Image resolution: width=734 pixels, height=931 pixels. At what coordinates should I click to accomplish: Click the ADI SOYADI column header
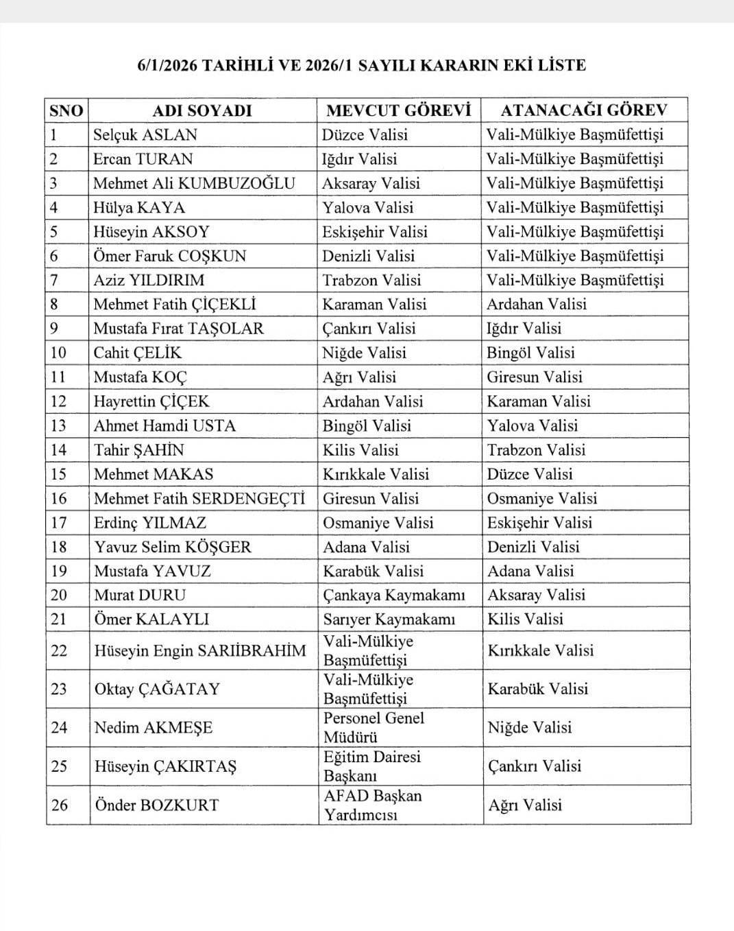click(201, 110)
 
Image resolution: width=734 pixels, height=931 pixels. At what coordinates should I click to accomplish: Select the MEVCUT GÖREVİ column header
click(399, 110)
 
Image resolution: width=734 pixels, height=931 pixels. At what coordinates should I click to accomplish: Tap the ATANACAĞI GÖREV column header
click(583, 110)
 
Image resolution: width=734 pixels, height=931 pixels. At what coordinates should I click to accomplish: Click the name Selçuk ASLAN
click(145, 134)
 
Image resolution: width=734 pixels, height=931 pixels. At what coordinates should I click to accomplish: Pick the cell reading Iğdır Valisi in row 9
click(524, 328)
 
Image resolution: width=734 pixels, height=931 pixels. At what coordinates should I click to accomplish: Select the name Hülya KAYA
click(139, 207)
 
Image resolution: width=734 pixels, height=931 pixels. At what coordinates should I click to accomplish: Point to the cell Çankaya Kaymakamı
click(394, 595)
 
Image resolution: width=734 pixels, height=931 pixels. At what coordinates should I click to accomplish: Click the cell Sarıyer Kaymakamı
click(389, 619)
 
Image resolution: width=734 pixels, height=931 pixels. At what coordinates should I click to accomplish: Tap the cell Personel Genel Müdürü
click(374, 727)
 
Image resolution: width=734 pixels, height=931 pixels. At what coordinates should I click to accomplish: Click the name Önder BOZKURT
click(156, 805)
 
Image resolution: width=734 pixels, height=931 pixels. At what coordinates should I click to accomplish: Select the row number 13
click(58, 425)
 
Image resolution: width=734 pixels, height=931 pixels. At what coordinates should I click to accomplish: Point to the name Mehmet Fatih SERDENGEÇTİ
click(199, 498)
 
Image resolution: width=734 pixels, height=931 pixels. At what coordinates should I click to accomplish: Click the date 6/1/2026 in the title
click(167, 65)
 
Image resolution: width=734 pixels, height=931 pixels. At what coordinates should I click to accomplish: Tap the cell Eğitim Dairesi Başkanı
click(372, 766)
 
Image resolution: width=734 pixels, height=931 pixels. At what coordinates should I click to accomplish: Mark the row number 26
click(59, 805)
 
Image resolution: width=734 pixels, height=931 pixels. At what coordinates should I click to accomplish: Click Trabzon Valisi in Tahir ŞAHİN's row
click(536, 450)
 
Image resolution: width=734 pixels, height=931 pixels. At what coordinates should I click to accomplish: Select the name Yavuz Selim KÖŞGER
click(173, 547)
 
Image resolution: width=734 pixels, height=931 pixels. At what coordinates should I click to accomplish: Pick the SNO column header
click(66, 110)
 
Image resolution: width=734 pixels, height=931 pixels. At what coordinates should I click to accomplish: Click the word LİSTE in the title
click(561, 65)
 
